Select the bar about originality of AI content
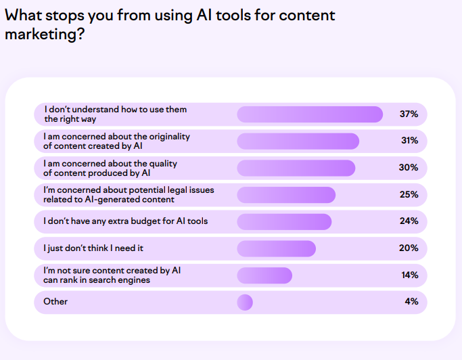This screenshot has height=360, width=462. tap(298, 141)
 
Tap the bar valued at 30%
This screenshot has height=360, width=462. tap(296, 168)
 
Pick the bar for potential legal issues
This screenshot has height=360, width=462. tap(286, 195)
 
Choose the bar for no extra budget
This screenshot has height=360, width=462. tap(284, 221)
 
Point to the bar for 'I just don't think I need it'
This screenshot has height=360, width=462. tap(276, 248)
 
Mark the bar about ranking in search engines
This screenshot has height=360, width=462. tap(264, 275)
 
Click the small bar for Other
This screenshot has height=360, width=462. tap(245, 302)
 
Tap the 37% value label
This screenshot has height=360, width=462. tap(409, 114)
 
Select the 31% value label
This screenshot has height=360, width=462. tap(409, 141)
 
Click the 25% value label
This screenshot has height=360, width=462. tap(409, 195)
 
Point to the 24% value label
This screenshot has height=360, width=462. tap(409, 221)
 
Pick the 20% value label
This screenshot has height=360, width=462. tap(409, 248)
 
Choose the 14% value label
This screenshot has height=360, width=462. tap(409, 275)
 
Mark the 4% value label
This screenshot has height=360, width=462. tap(411, 302)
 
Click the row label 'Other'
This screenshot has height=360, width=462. tap(55, 302)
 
